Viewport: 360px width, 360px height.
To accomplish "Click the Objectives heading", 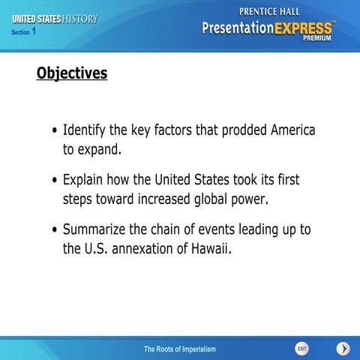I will pyautogui.click(x=72, y=73).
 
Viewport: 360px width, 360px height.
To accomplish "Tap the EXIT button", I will pyautogui.click(x=301, y=349).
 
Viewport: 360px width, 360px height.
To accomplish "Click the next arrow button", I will pyautogui.click(x=343, y=349).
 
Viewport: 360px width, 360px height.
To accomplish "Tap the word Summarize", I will pyautogui.click(x=97, y=229).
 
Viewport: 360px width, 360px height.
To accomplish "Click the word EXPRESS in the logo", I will pyautogui.click(x=304, y=28).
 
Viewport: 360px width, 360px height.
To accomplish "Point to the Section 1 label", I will pyautogui.click(x=23, y=32).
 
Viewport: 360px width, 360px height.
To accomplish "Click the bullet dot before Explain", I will pyautogui.click(x=55, y=181).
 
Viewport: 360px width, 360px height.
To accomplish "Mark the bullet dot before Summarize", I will pyautogui.click(x=55, y=230).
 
